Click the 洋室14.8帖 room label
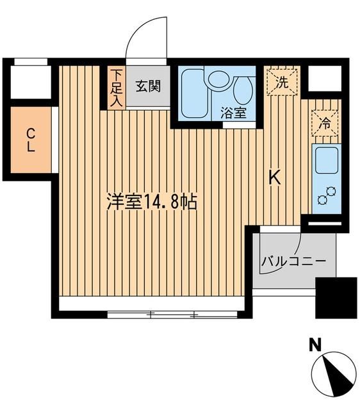(151, 202)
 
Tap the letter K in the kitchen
(274, 177)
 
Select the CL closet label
(30, 139)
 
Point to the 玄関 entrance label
(148, 86)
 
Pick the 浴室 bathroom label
(234, 113)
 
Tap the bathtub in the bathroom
(192, 93)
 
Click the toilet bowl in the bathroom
(243, 90)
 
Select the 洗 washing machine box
(281, 81)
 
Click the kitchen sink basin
(326, 160)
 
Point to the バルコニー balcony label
(294, 261)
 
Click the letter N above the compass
(315, 347)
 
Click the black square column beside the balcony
(336, 298)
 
